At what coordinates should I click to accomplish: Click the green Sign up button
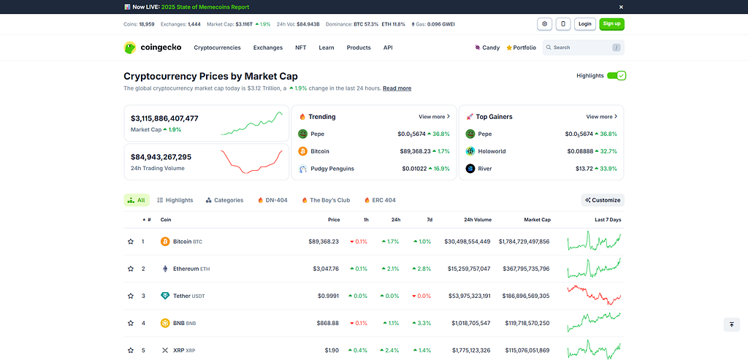coord(611,24)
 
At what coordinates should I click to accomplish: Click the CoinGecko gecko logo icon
coord(130,47)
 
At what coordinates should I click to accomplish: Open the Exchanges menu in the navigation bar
coord(267,47)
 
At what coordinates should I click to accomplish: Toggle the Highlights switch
coord(617,75)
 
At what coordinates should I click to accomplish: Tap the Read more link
coord(397,88)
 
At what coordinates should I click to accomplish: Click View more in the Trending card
coord(434,117)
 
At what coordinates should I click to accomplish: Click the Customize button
coord(603,200)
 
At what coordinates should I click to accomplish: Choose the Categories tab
coord(224,200)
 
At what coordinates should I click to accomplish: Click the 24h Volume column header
coord(478,220)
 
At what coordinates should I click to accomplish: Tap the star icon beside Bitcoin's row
coord(131,242)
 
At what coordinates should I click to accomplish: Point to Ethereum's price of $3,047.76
coord(326,269)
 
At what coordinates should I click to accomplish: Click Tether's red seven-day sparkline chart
coord(594,295)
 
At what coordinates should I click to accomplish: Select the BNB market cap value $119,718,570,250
coord(526,323)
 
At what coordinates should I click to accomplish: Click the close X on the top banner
coord(621,7)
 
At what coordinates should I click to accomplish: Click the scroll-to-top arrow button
coord(731,324)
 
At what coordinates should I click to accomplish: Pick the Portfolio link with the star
coord(521,47)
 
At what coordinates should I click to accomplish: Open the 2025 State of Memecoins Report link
coord(205,7)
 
